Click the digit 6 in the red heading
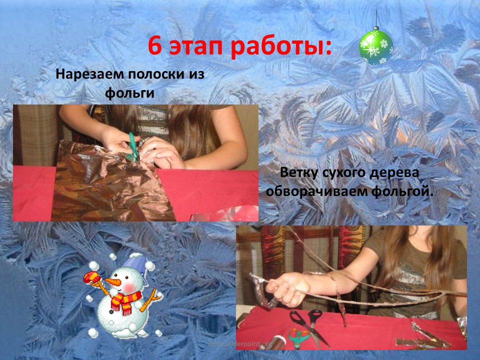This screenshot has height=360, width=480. click(155, 46)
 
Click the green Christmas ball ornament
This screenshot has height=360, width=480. click(376, 47)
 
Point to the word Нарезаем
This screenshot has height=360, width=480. click(90, 74)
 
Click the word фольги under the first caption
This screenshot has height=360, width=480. click(129, 93)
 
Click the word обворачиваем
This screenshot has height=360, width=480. click(317, 191)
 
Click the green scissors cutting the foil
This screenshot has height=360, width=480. click(133, 147)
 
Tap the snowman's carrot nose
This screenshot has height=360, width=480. click(112, 281)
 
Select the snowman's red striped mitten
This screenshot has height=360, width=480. click(91, 277)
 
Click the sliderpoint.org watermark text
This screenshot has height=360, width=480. click(239, 344)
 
